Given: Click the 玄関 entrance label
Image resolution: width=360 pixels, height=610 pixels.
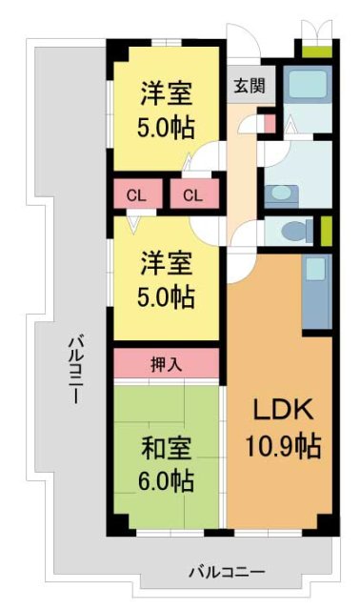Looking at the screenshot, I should [250, 84].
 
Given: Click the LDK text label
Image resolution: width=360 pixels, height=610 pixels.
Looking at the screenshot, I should [281, 409].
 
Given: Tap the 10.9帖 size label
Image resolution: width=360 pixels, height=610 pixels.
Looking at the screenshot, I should [281, 444].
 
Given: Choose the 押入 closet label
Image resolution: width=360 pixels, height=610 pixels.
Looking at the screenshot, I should [168, 362].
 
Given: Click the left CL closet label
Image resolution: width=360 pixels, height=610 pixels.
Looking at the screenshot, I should [136, 196].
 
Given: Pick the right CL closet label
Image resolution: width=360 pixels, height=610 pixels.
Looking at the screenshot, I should [193, 196].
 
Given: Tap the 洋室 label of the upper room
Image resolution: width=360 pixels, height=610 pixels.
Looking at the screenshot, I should [168, 93].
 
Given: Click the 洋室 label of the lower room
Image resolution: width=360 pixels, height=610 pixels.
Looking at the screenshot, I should [168, 260].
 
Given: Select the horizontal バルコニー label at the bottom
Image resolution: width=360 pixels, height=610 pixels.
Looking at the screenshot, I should [226, 572].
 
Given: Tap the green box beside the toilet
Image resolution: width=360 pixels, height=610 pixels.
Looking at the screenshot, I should [326, 231].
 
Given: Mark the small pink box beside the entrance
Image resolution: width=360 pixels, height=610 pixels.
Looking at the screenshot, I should [270, 121].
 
